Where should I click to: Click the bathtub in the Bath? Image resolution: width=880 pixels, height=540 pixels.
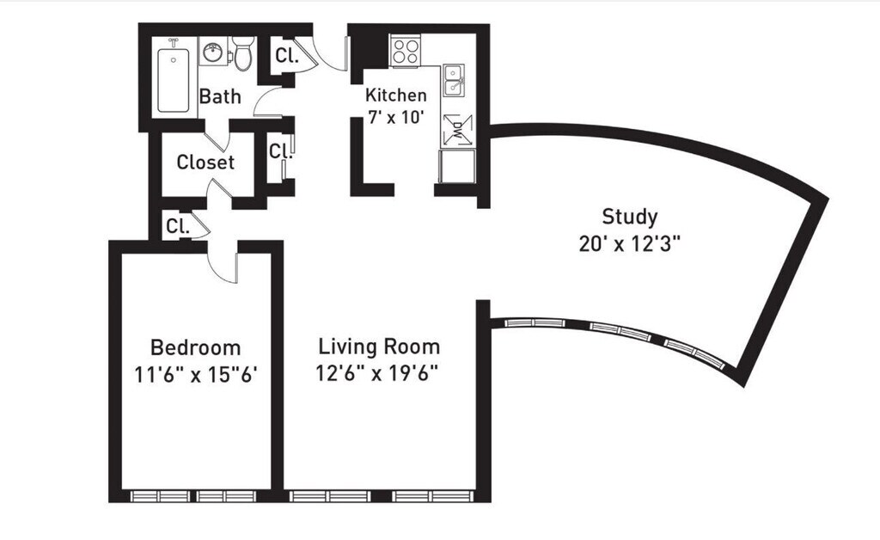(174, 80)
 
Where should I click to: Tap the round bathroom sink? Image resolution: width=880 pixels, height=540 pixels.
(213, 53)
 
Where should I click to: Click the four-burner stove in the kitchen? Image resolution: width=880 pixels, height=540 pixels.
(406, 51)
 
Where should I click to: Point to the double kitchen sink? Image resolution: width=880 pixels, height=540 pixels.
(453, 80)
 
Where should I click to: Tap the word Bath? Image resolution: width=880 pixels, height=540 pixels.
(220, 96)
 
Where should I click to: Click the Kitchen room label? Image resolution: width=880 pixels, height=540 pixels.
(395, 95)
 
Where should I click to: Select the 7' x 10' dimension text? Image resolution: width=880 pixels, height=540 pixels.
(395, 118)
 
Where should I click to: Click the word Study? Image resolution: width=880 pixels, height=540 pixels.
(630, 217)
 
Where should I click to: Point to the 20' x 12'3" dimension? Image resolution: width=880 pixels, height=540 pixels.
(630, 245)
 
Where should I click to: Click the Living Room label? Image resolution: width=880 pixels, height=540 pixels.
(379, 347)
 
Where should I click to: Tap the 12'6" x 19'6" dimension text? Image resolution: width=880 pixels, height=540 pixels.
(376, 372)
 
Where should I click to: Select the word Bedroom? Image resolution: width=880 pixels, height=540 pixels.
(195, 347)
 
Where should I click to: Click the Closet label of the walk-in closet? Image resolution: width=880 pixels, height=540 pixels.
(205, 163)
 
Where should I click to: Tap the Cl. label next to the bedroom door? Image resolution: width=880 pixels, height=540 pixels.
(178, 226)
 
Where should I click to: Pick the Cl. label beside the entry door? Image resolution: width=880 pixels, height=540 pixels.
(287, 56)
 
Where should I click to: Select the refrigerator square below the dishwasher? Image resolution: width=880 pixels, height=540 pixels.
(457, 166)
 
